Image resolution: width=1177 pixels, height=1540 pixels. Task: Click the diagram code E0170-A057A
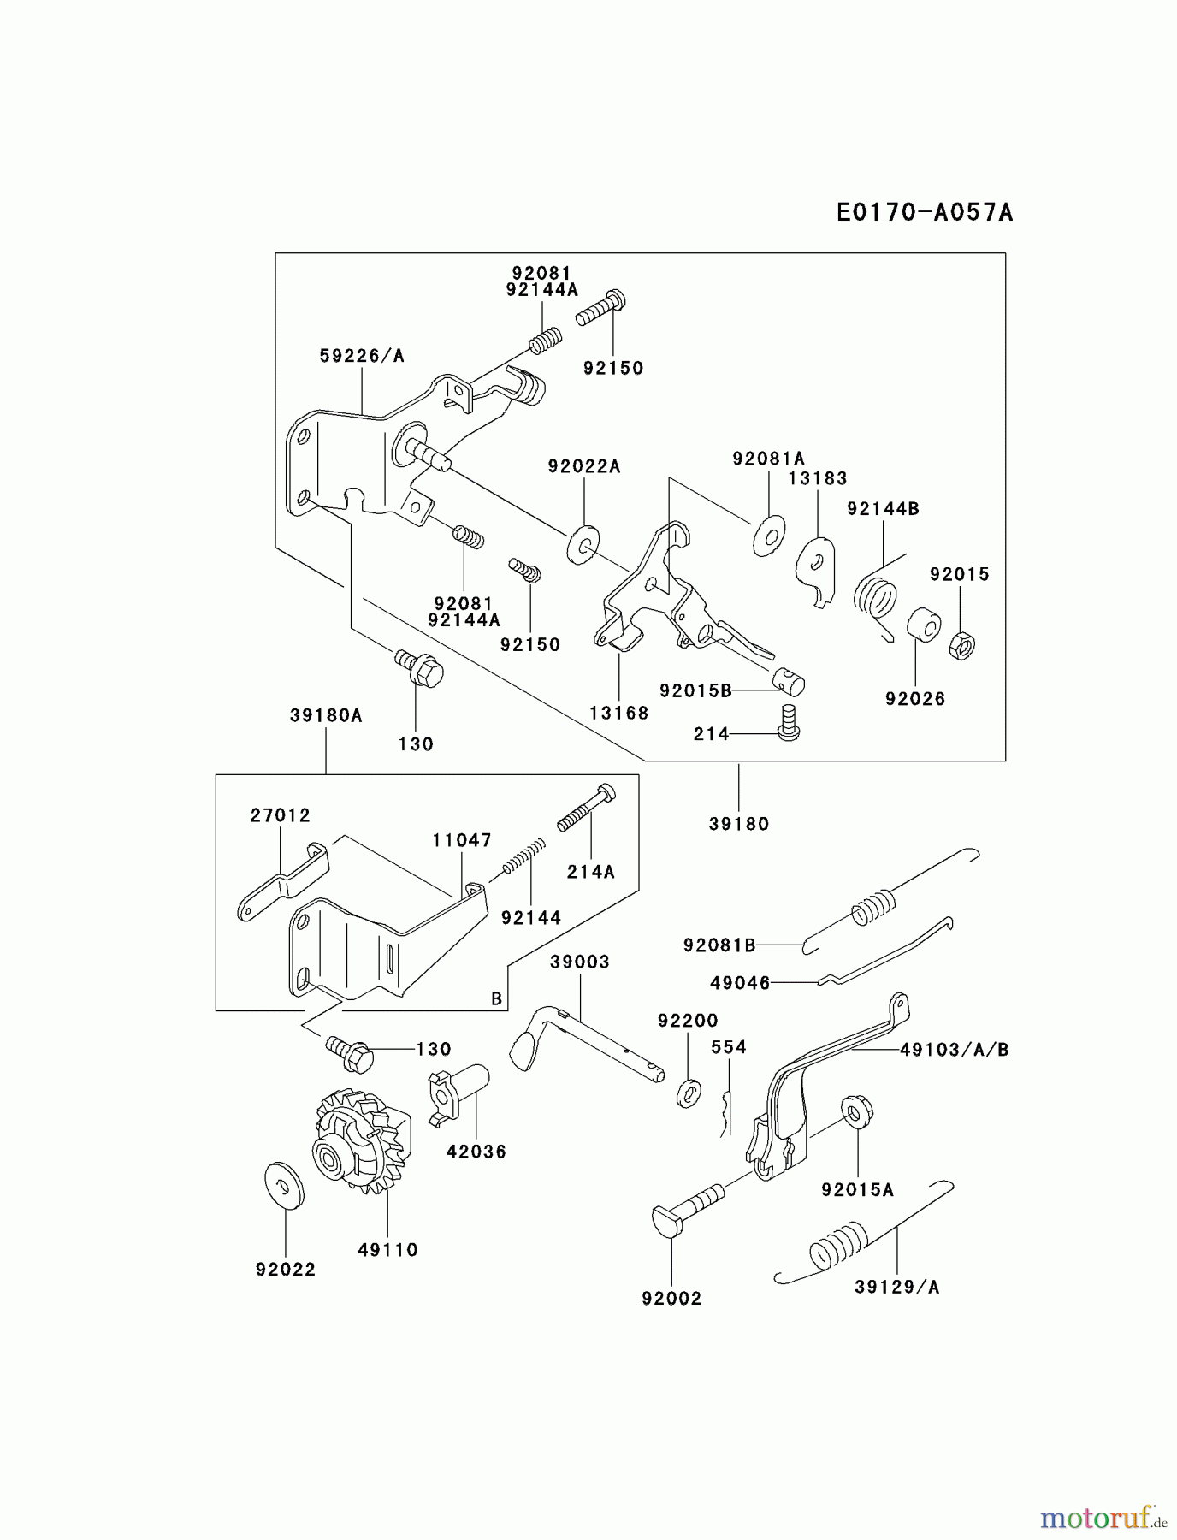click(x=925, y=212)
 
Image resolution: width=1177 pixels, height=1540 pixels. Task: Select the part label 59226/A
click(x=361, y=356)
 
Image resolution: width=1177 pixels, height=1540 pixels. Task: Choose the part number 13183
click(x=817, y=478)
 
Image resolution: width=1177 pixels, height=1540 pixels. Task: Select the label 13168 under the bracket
click(x=618, y=713)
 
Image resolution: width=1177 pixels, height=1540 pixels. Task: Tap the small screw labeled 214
click(x=788, y=722)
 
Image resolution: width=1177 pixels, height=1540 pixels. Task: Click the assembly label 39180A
click(x=326, y=715)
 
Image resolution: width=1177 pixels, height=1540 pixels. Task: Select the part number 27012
click(x=280, y=815)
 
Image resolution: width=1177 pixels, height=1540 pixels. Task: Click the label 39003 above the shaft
click(x=579, y=962)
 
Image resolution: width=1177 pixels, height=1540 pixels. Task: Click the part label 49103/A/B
click(x=954, y=1050)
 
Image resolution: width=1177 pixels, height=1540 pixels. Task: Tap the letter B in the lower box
click(x=496, y=998)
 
